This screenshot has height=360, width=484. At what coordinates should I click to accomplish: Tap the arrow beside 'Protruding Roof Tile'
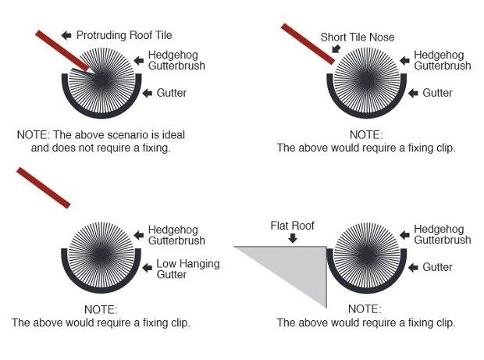(x=66, y=34)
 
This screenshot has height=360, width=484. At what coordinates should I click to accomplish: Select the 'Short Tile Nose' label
(x=357, y=36)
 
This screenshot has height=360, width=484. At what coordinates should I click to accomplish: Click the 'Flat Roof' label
(x=292, y=226)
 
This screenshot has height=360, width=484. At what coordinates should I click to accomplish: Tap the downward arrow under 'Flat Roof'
(x=292, y=238)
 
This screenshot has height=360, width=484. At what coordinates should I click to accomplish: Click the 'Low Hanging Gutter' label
(x=187, y=269)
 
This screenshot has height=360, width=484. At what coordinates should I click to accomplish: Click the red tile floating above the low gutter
(x=43, y=187)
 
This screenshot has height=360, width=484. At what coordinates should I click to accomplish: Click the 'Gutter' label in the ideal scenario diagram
(x=171, y=94)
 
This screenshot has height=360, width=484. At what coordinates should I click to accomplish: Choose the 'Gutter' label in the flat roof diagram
(x=437, y=267)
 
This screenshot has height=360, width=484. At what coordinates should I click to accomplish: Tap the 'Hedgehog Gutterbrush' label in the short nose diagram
(x=442, y=60)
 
